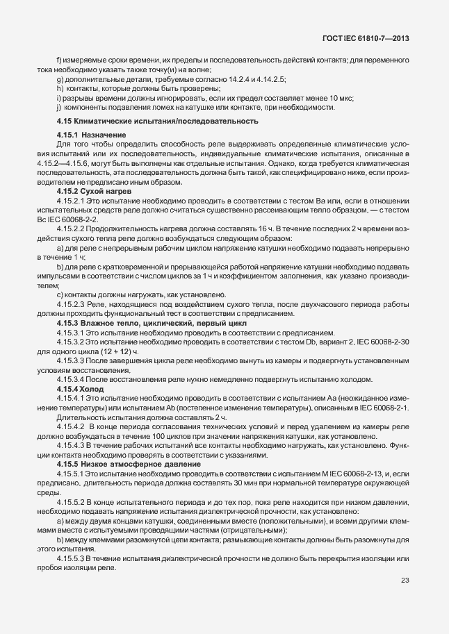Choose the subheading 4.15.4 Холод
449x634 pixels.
point(80,390)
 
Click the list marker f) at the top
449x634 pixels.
point(58,60)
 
